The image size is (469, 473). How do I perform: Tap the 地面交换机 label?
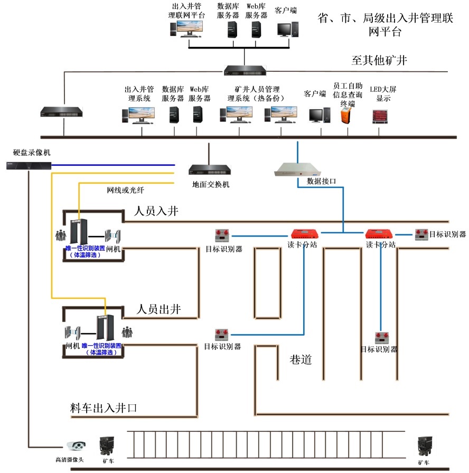tap(211, 185)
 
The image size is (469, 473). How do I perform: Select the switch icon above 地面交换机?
tap(210, 169)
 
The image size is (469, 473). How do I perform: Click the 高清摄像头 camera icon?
tap(76, 446)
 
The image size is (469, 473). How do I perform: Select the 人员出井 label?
tap(159, 310)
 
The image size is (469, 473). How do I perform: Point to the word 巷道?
tap(301, 361)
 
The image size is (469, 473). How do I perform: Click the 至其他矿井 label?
tap(379, 60)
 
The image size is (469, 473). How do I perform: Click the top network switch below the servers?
tap(245, 70)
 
